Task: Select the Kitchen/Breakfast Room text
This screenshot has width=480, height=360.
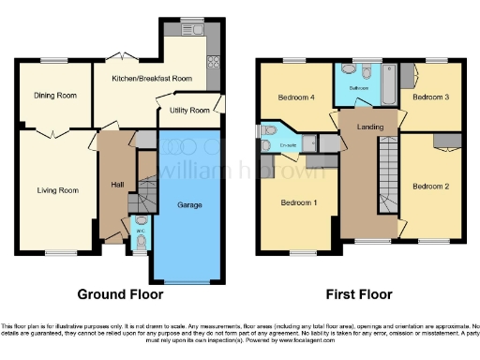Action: (x=152, y=80)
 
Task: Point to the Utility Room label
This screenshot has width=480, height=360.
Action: (x=189, y=111)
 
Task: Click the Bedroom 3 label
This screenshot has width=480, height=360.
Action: (x=431, y=97)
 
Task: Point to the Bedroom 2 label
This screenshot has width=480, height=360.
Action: (x=432, y=186)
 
